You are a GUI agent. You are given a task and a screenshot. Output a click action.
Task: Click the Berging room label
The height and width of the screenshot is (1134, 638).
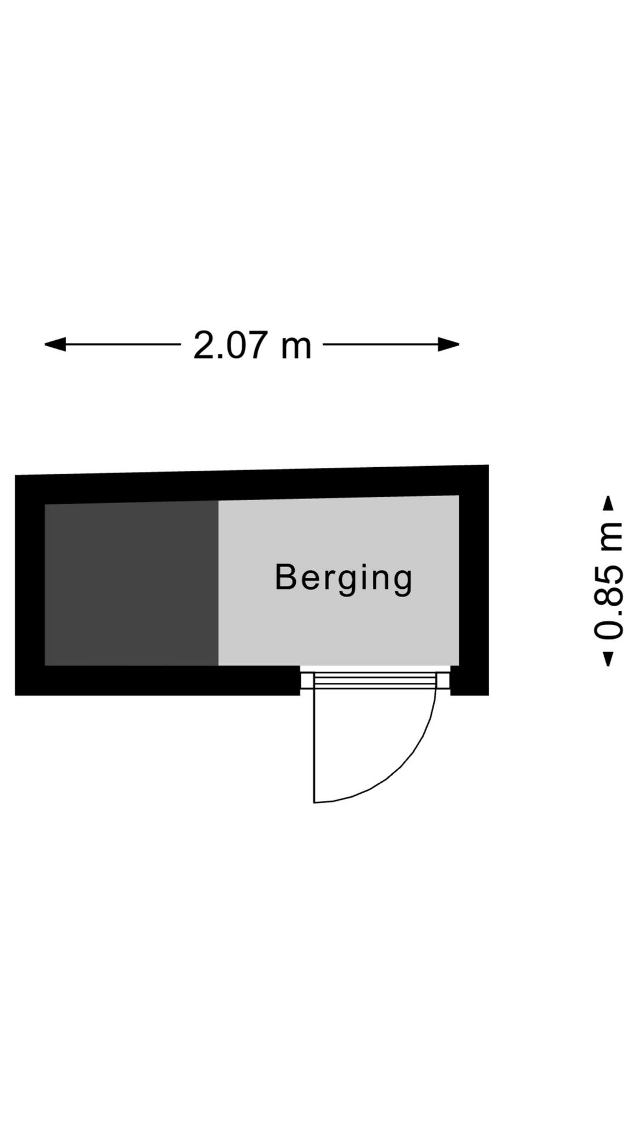[344, 578]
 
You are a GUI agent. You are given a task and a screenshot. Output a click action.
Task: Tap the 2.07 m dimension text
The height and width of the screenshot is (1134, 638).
[252, 345]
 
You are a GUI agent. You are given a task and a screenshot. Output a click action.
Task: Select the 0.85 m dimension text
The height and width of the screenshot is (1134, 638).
[608, 581]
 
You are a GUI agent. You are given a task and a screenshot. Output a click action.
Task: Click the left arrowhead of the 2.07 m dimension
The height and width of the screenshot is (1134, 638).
[55, 344]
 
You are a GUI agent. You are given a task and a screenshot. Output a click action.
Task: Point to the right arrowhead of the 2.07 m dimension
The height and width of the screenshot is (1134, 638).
[449, 344]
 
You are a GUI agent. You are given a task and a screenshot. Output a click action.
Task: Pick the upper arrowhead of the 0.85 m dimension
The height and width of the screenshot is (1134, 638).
[608, 504]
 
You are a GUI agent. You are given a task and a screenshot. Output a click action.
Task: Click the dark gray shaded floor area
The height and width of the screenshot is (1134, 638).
[132, 584]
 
